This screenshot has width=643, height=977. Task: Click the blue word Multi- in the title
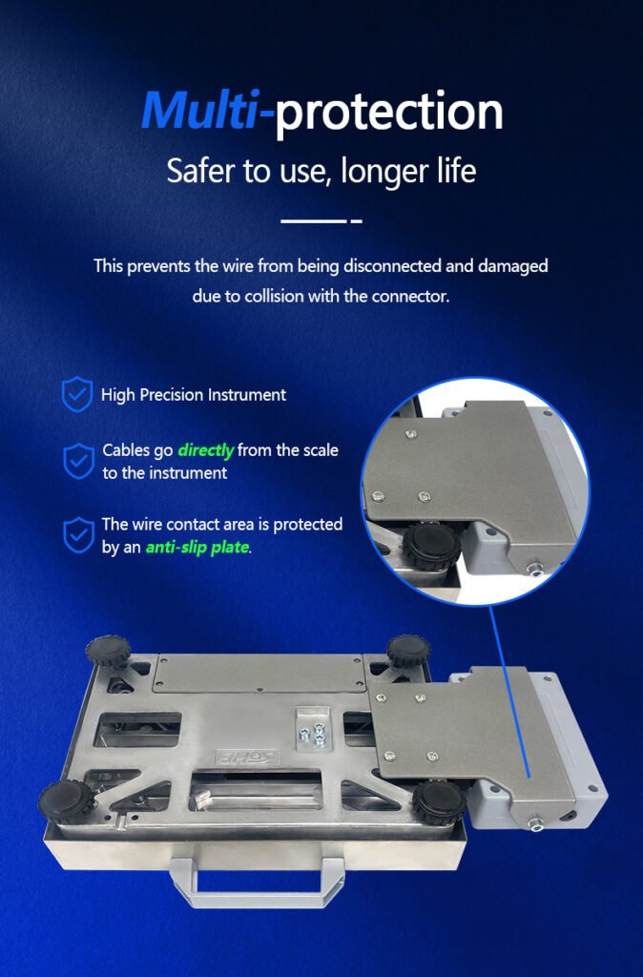point(207,111)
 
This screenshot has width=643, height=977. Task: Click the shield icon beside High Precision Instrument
point(77,394)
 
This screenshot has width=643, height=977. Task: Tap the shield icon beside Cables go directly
point(79,461)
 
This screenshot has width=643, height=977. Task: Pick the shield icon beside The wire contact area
point(79,534)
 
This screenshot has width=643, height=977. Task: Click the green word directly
point(206,450)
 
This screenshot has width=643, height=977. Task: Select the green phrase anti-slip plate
point(197,548)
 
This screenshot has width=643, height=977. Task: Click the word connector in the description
point(409,296)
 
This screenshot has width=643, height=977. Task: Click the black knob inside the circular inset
point(431,547)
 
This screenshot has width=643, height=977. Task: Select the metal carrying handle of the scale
point(256,881)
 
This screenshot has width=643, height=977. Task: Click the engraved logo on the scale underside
point(247,757)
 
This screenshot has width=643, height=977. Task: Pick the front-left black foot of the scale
point(68,801)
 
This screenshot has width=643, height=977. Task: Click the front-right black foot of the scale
point(439,801)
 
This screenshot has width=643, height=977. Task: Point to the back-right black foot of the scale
point(408,651)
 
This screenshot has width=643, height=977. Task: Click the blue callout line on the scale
point(509,691)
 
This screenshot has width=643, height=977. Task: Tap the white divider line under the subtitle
point(321,220)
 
